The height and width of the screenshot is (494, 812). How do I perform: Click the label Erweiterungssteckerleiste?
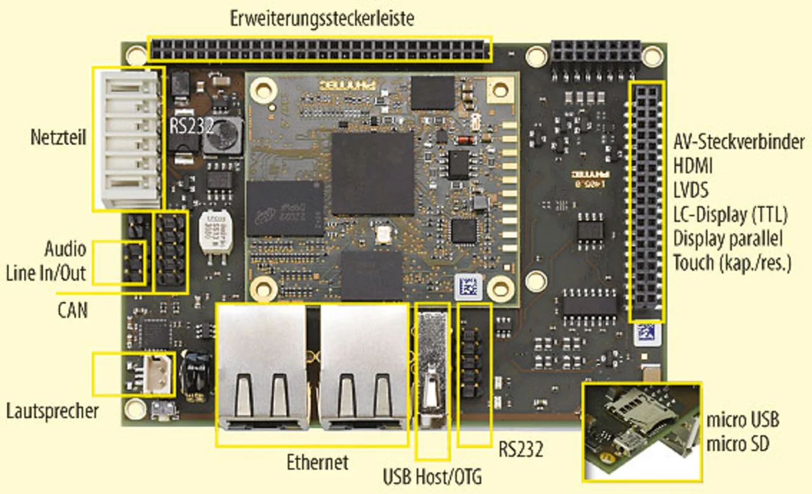322,18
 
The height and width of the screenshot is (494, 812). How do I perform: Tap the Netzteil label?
58,137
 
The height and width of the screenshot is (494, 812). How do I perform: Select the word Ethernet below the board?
317,462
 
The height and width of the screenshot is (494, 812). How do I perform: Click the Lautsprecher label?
53,411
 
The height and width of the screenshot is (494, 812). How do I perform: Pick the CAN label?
72,310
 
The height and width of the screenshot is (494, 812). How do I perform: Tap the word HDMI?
693,166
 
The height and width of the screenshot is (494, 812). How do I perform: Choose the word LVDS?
691,190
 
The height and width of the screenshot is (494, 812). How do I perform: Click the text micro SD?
738,444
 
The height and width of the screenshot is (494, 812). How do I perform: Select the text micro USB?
742,420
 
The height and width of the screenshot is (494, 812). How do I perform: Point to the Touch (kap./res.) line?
732,263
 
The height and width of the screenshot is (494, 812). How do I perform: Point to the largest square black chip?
372,172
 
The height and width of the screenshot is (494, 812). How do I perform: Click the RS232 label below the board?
520,450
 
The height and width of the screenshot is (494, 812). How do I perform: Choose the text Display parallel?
728,238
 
